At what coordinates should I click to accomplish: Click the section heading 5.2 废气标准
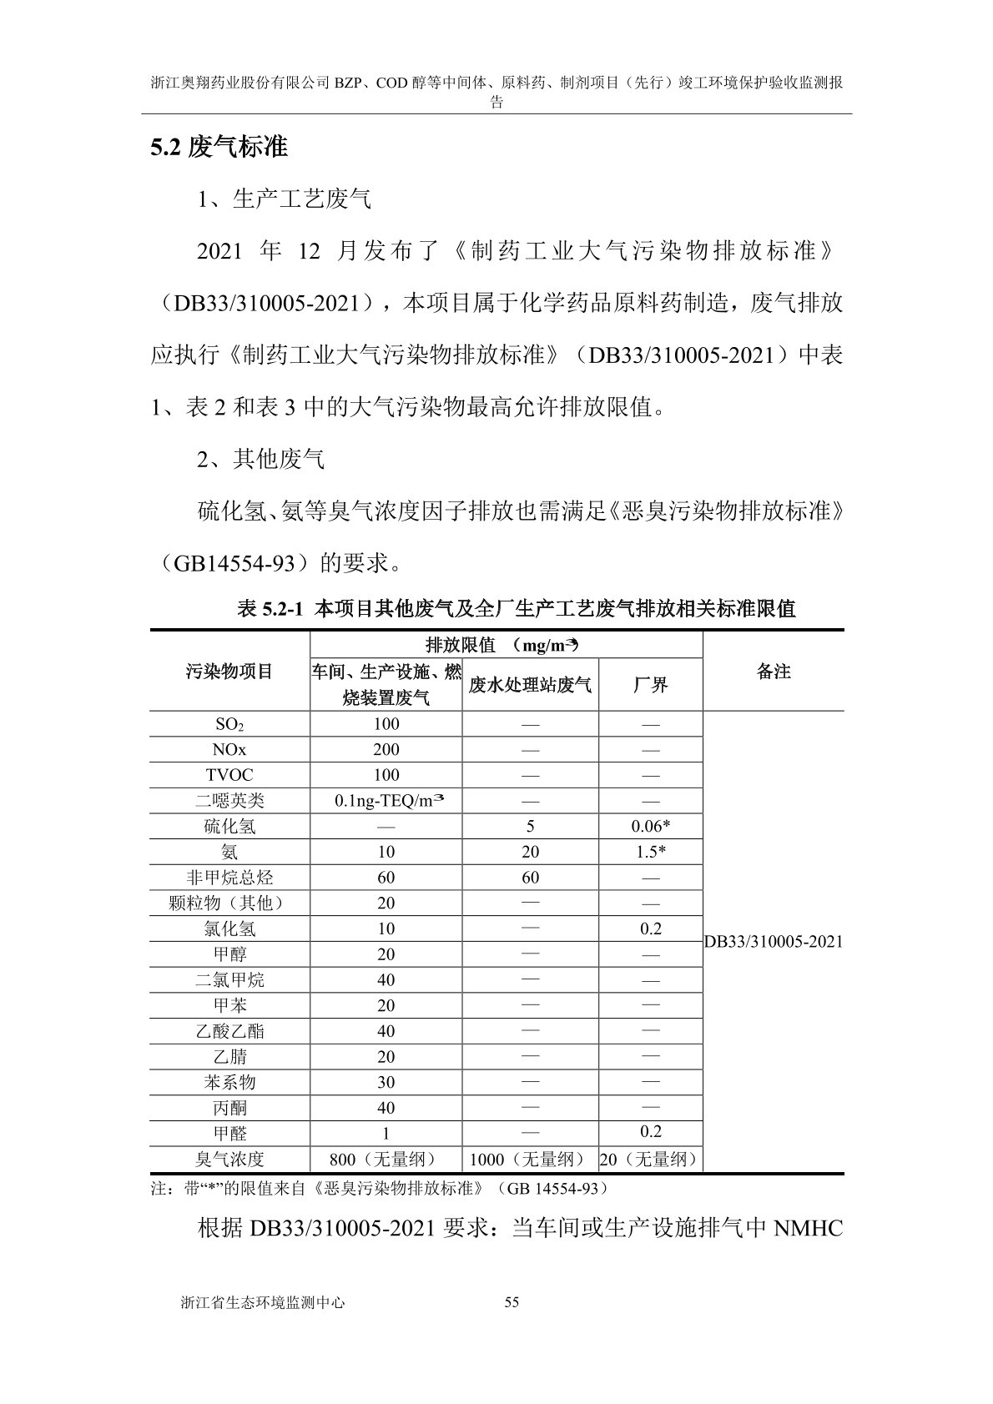[219, 148]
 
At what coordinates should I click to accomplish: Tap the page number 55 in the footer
[512, 1302]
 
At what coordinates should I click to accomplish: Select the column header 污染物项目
[229, 672]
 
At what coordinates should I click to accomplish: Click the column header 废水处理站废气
[530, 685]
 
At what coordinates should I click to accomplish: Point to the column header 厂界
[650, 685]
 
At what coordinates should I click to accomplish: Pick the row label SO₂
[229, 724]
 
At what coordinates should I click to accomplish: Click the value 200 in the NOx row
[386, 749]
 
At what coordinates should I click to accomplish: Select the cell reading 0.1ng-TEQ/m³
[386, 800]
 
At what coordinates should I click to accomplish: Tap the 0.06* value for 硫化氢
[650, 826]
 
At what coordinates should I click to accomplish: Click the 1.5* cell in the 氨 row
[650, 852]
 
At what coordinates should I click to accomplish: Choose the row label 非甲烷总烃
[229, 878]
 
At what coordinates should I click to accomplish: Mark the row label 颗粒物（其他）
[229, 903]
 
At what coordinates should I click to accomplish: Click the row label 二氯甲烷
[229, 979]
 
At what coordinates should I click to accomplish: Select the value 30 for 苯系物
[386, 1082]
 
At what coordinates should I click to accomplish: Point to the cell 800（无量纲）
[386, 1159]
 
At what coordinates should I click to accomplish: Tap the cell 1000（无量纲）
[530, 1159]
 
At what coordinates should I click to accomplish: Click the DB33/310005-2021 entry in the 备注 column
[773, 942]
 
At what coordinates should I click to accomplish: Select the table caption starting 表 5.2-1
[517, 608]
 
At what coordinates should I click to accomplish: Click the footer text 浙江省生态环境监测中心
[261, 1302]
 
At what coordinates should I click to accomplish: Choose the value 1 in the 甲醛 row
[386, 1134]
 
